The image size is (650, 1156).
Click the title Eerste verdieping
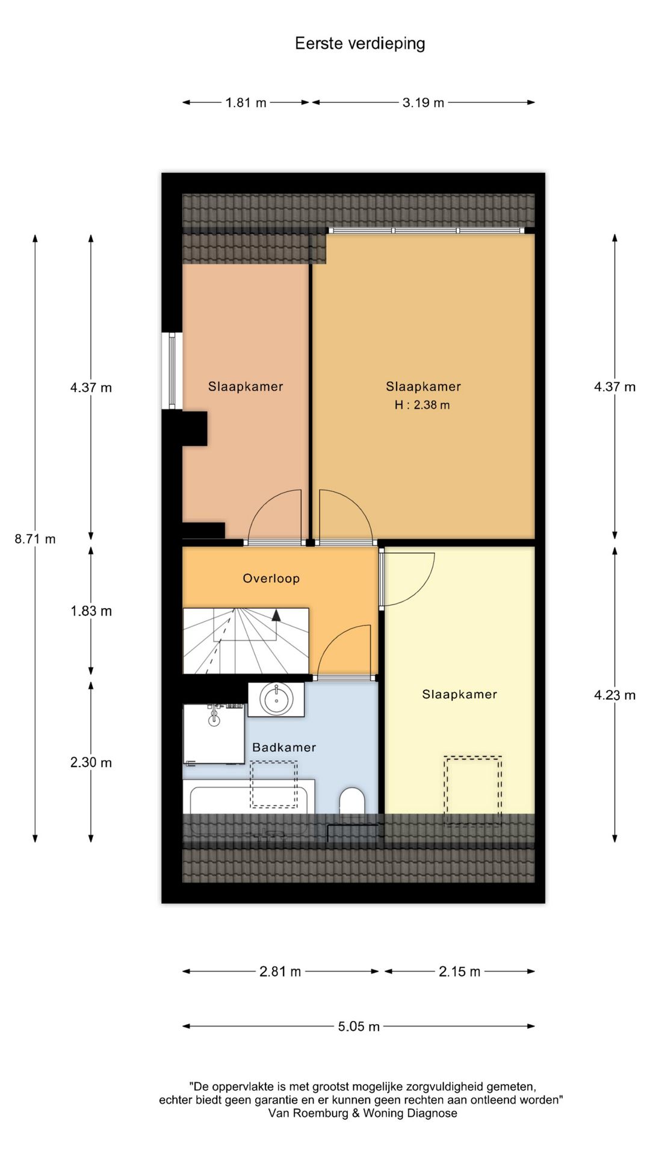360,43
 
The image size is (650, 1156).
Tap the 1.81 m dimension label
246,102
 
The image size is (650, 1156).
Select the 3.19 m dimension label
423,102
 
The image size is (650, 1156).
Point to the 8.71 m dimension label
35,539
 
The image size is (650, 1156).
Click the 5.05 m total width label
359,1027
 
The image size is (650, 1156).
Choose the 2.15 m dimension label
459,971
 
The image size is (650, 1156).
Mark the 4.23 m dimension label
614,695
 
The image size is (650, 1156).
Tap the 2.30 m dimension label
91,762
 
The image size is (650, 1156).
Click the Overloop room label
271,579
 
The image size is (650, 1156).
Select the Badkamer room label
284,747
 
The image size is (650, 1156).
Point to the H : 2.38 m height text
422,405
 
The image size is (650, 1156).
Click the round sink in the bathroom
276,700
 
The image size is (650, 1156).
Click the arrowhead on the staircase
276,615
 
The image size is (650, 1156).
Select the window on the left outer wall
172,371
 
